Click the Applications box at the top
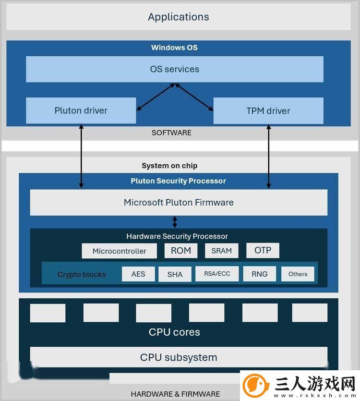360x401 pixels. pos(179,17)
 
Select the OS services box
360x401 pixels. pos(175,69)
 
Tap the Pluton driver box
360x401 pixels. pos(81,110)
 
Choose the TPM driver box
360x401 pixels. pos(268,111)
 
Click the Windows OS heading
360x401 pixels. pos(174,48)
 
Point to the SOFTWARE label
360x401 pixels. pos(171,133)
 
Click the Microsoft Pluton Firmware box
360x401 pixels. pos(179,202)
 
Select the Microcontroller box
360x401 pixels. pos(119,251)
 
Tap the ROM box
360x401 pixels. pos(181,250)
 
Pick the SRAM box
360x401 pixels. pos(222,251)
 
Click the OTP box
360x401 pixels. pos(263,250)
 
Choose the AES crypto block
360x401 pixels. pos(138,274)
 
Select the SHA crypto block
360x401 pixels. pos(175,274)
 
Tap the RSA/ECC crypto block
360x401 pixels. pos(217,274)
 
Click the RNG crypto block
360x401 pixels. pos(260,274)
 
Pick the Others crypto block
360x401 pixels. pos(298,274)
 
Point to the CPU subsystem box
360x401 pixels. pos(179,357)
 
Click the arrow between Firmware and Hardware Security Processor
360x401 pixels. pos(175,222)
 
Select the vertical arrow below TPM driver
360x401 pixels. pos(268,156)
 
